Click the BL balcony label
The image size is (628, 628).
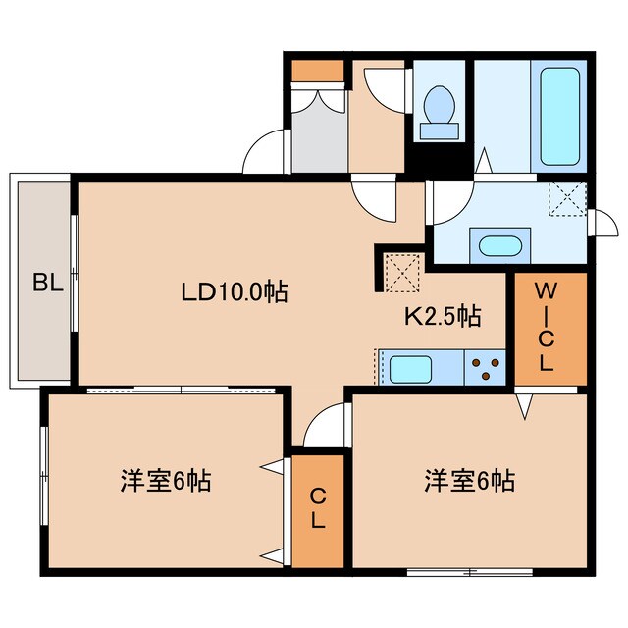point(46,285)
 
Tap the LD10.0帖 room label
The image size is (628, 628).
point(234,291)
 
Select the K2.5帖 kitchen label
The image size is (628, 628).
point(443,316)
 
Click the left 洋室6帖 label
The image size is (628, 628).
point(165,481)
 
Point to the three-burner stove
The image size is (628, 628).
point(483,369)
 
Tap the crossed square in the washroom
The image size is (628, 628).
point(567,200)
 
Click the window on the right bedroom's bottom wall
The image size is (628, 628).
point(469,570)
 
